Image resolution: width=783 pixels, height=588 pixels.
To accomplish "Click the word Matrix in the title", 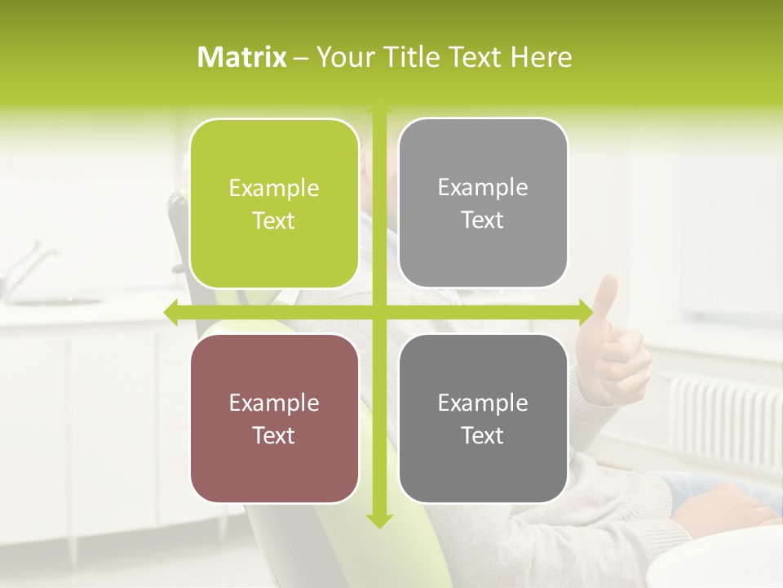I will pyautogui.click(x=242, y=57).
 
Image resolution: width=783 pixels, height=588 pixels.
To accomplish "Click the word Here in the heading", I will pyautogui.click(x=541, y=57).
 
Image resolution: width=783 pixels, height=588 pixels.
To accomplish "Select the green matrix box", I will pyautogui.click(x=274, y=204).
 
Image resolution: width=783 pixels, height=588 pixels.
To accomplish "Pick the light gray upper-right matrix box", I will pyautogui.click(x=483, y=203).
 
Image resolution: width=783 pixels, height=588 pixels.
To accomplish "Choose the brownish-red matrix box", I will pyautogui.click(x=274, y=418).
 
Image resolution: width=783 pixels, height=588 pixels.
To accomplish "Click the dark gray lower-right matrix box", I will pyautogui.click(x=483, y=418).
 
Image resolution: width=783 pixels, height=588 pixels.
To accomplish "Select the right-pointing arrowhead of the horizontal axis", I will pyautogui.click(x=585, y=312).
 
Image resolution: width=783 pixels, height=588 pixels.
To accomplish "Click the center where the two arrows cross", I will pyautogui.click(x=379, y=312).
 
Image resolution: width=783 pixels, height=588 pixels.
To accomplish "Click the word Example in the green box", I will pyautogui.click(x=274, y=189).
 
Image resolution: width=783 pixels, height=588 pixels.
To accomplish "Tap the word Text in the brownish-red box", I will pyautogui.click(x=274, y=435).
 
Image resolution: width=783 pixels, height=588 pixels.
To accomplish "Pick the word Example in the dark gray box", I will pyautogui.click(x=483, y=403).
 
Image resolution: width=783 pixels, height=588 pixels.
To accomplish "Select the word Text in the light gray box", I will pyautogui.click(x=483, y=220).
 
